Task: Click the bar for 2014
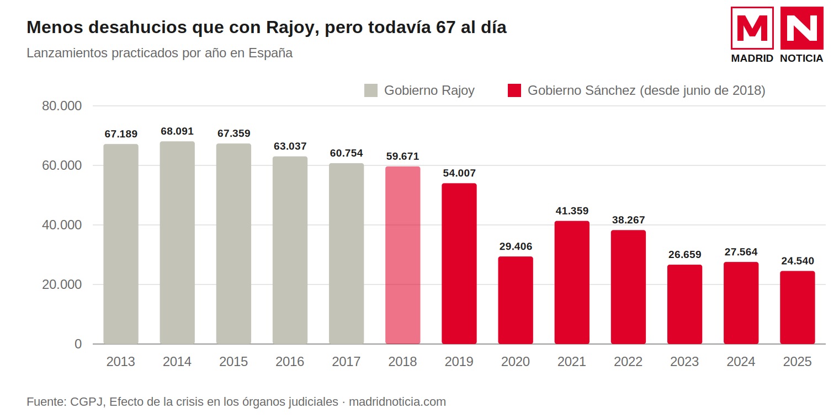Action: tap(177, 243)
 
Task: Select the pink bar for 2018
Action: tap(402, 255)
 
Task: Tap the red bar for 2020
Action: tap(516, 300)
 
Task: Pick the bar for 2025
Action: tap(798, 307)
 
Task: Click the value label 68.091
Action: tap(177, 131)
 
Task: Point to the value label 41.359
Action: tap(572, 211)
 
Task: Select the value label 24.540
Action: tap(798, 261)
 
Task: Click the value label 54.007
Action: tap(459, 173)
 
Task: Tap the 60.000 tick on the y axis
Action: tap(62, 165)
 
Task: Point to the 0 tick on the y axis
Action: tap(78, 344)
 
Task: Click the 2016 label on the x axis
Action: tap(290, 362)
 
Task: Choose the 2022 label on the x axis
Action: tap(628, 362)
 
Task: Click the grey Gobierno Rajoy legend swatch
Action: tap(371, 90)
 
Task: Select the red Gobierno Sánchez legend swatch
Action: tap(514, 90)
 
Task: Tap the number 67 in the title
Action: tap(446, 28)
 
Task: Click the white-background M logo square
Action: tap(752, 28)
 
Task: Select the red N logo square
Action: tap(802, 28)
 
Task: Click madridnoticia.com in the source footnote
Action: tap(397, 402)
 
